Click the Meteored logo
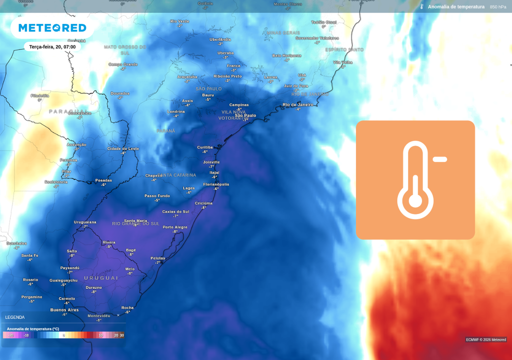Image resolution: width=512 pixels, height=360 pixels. click(x=52, y=28)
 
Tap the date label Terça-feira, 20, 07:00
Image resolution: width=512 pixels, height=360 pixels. click(x=52, y=47)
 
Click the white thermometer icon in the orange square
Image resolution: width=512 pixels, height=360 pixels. click(x=415, y=180)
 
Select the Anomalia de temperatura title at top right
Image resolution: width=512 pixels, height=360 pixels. click(x=455, y=7)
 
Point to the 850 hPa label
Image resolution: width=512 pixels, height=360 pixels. click(x=498, y=7)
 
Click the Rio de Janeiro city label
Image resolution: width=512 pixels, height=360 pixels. click(x=298, y=104)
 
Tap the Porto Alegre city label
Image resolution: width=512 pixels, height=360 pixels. click(x=175, y=227)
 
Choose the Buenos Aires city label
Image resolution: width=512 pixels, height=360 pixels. click(x=64, y=310)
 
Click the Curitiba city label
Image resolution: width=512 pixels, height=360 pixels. click(x=205, y=147)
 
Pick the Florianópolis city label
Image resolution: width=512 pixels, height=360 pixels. click(x=216, y=184)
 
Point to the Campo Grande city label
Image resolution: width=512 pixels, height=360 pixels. click(x=123, y=64)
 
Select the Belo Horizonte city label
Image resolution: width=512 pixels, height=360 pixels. click(x=286, y=55)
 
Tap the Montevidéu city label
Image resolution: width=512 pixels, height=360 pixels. click(x=98, y=315)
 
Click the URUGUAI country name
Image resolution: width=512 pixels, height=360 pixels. click(x=101, y=278)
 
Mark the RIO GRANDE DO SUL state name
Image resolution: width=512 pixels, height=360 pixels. click(x=135, y=223)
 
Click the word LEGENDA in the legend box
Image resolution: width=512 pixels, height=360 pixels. click(x=15, y=317)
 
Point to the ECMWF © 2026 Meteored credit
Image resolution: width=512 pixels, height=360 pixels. click(x=486, y=339)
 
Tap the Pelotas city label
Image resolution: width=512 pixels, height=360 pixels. click(x=157, y=258)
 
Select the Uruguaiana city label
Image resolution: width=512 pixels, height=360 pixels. click(x=85, y=222)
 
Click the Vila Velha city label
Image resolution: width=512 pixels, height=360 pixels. click(x=343, y=62)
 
